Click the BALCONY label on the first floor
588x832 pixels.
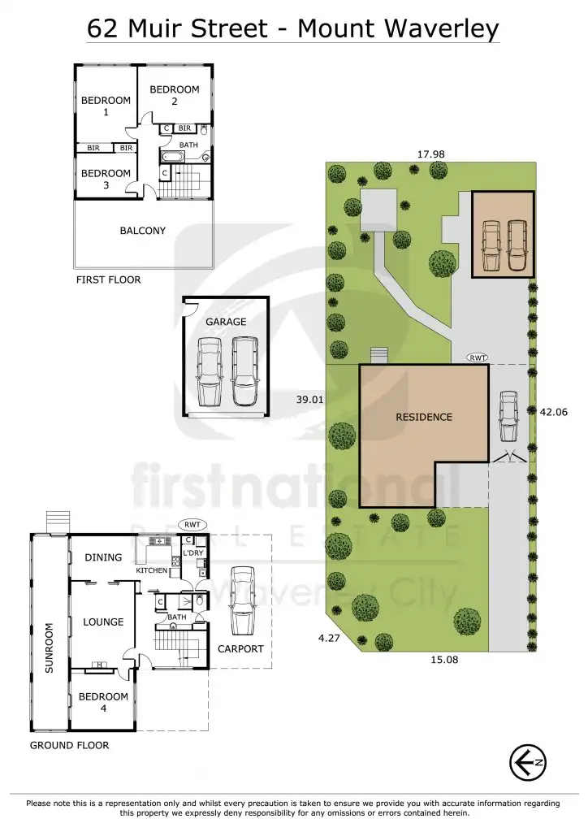143,231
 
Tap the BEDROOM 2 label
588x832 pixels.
175,95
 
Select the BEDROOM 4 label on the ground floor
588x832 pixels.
103,702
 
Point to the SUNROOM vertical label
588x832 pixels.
49,647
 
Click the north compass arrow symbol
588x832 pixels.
526,762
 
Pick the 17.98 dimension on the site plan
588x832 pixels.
430,154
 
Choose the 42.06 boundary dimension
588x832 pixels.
553,412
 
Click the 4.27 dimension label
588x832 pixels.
329,639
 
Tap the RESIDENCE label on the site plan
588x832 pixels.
423,417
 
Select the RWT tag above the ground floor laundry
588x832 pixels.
192,525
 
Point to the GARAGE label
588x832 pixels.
226,322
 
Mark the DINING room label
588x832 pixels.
103,557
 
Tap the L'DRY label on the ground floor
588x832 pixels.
192,552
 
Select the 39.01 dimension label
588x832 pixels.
309,400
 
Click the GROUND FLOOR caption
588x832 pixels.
69,745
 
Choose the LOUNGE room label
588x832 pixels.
103,622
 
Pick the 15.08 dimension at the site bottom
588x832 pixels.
444,660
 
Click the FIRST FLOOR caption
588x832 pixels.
108,279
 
